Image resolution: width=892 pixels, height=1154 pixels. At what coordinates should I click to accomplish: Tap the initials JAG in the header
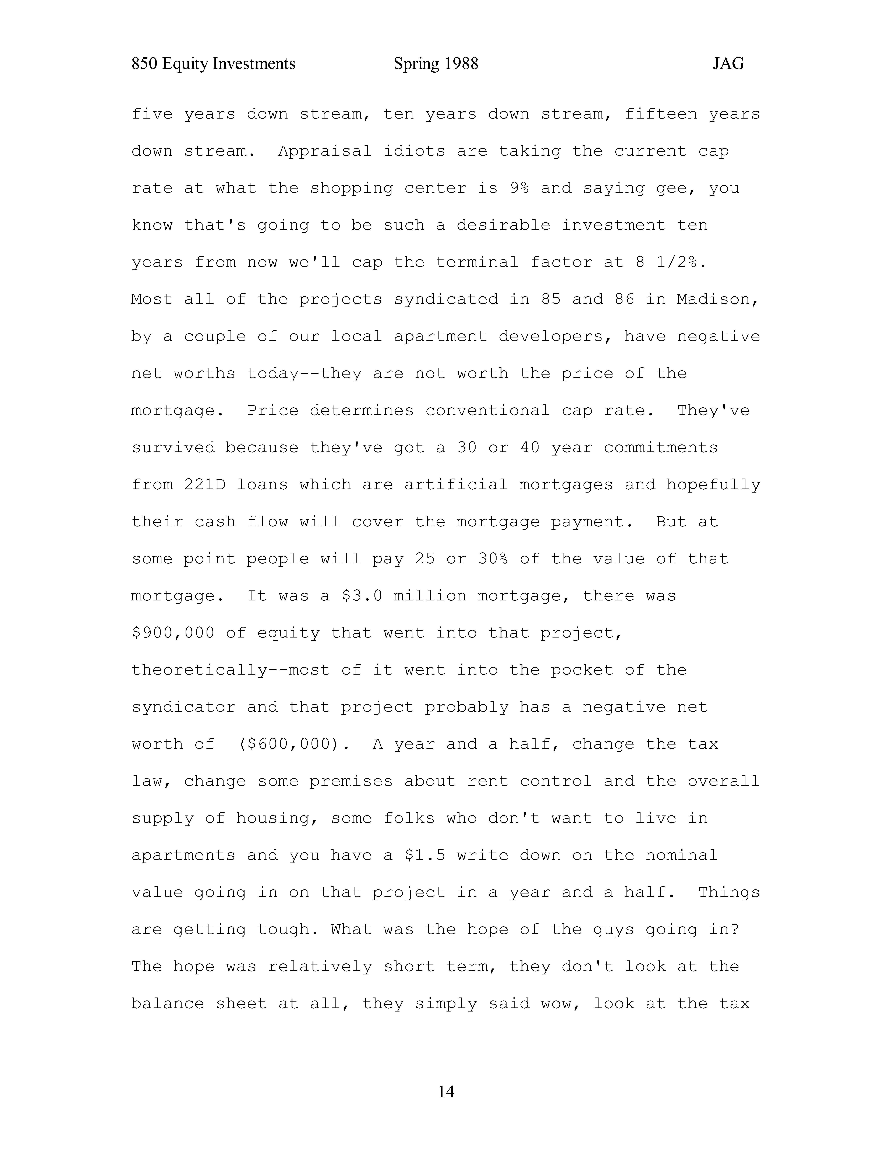pyautogui.click(x=728, y=64)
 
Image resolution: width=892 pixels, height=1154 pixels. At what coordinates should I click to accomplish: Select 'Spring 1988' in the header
pyautogui.click(x=436, y=64)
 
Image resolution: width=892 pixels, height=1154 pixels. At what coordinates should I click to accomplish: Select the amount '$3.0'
pyautogui.click(x=362, y=596)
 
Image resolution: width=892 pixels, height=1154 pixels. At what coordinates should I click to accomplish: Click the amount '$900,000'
pyautogui.click(x=173, y=633)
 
